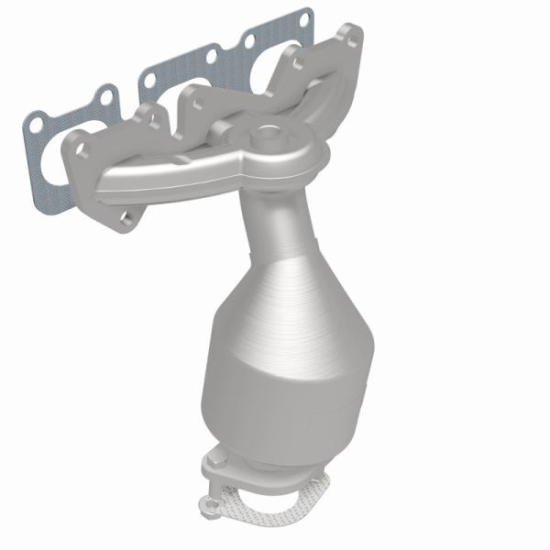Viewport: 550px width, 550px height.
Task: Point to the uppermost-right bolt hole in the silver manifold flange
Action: (343, 38)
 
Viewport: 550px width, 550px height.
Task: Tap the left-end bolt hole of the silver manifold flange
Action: (81, 147)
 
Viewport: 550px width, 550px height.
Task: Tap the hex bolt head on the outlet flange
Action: (216, 458)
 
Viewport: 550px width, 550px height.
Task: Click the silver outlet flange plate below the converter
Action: (257, 472)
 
